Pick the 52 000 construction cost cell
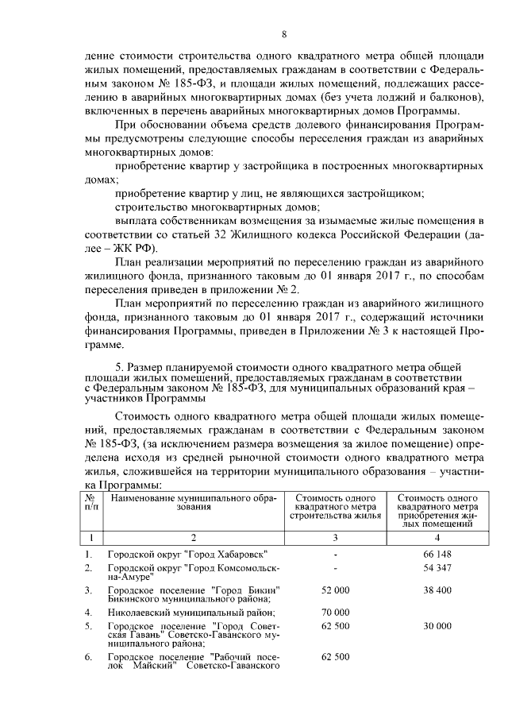tap(335, 591)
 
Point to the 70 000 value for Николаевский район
tap(335, 613)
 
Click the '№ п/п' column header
tap(89, 502)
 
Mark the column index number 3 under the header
tap(335, 538)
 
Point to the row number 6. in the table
tap(88, 657)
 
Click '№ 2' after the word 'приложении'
tap(288, 288)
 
